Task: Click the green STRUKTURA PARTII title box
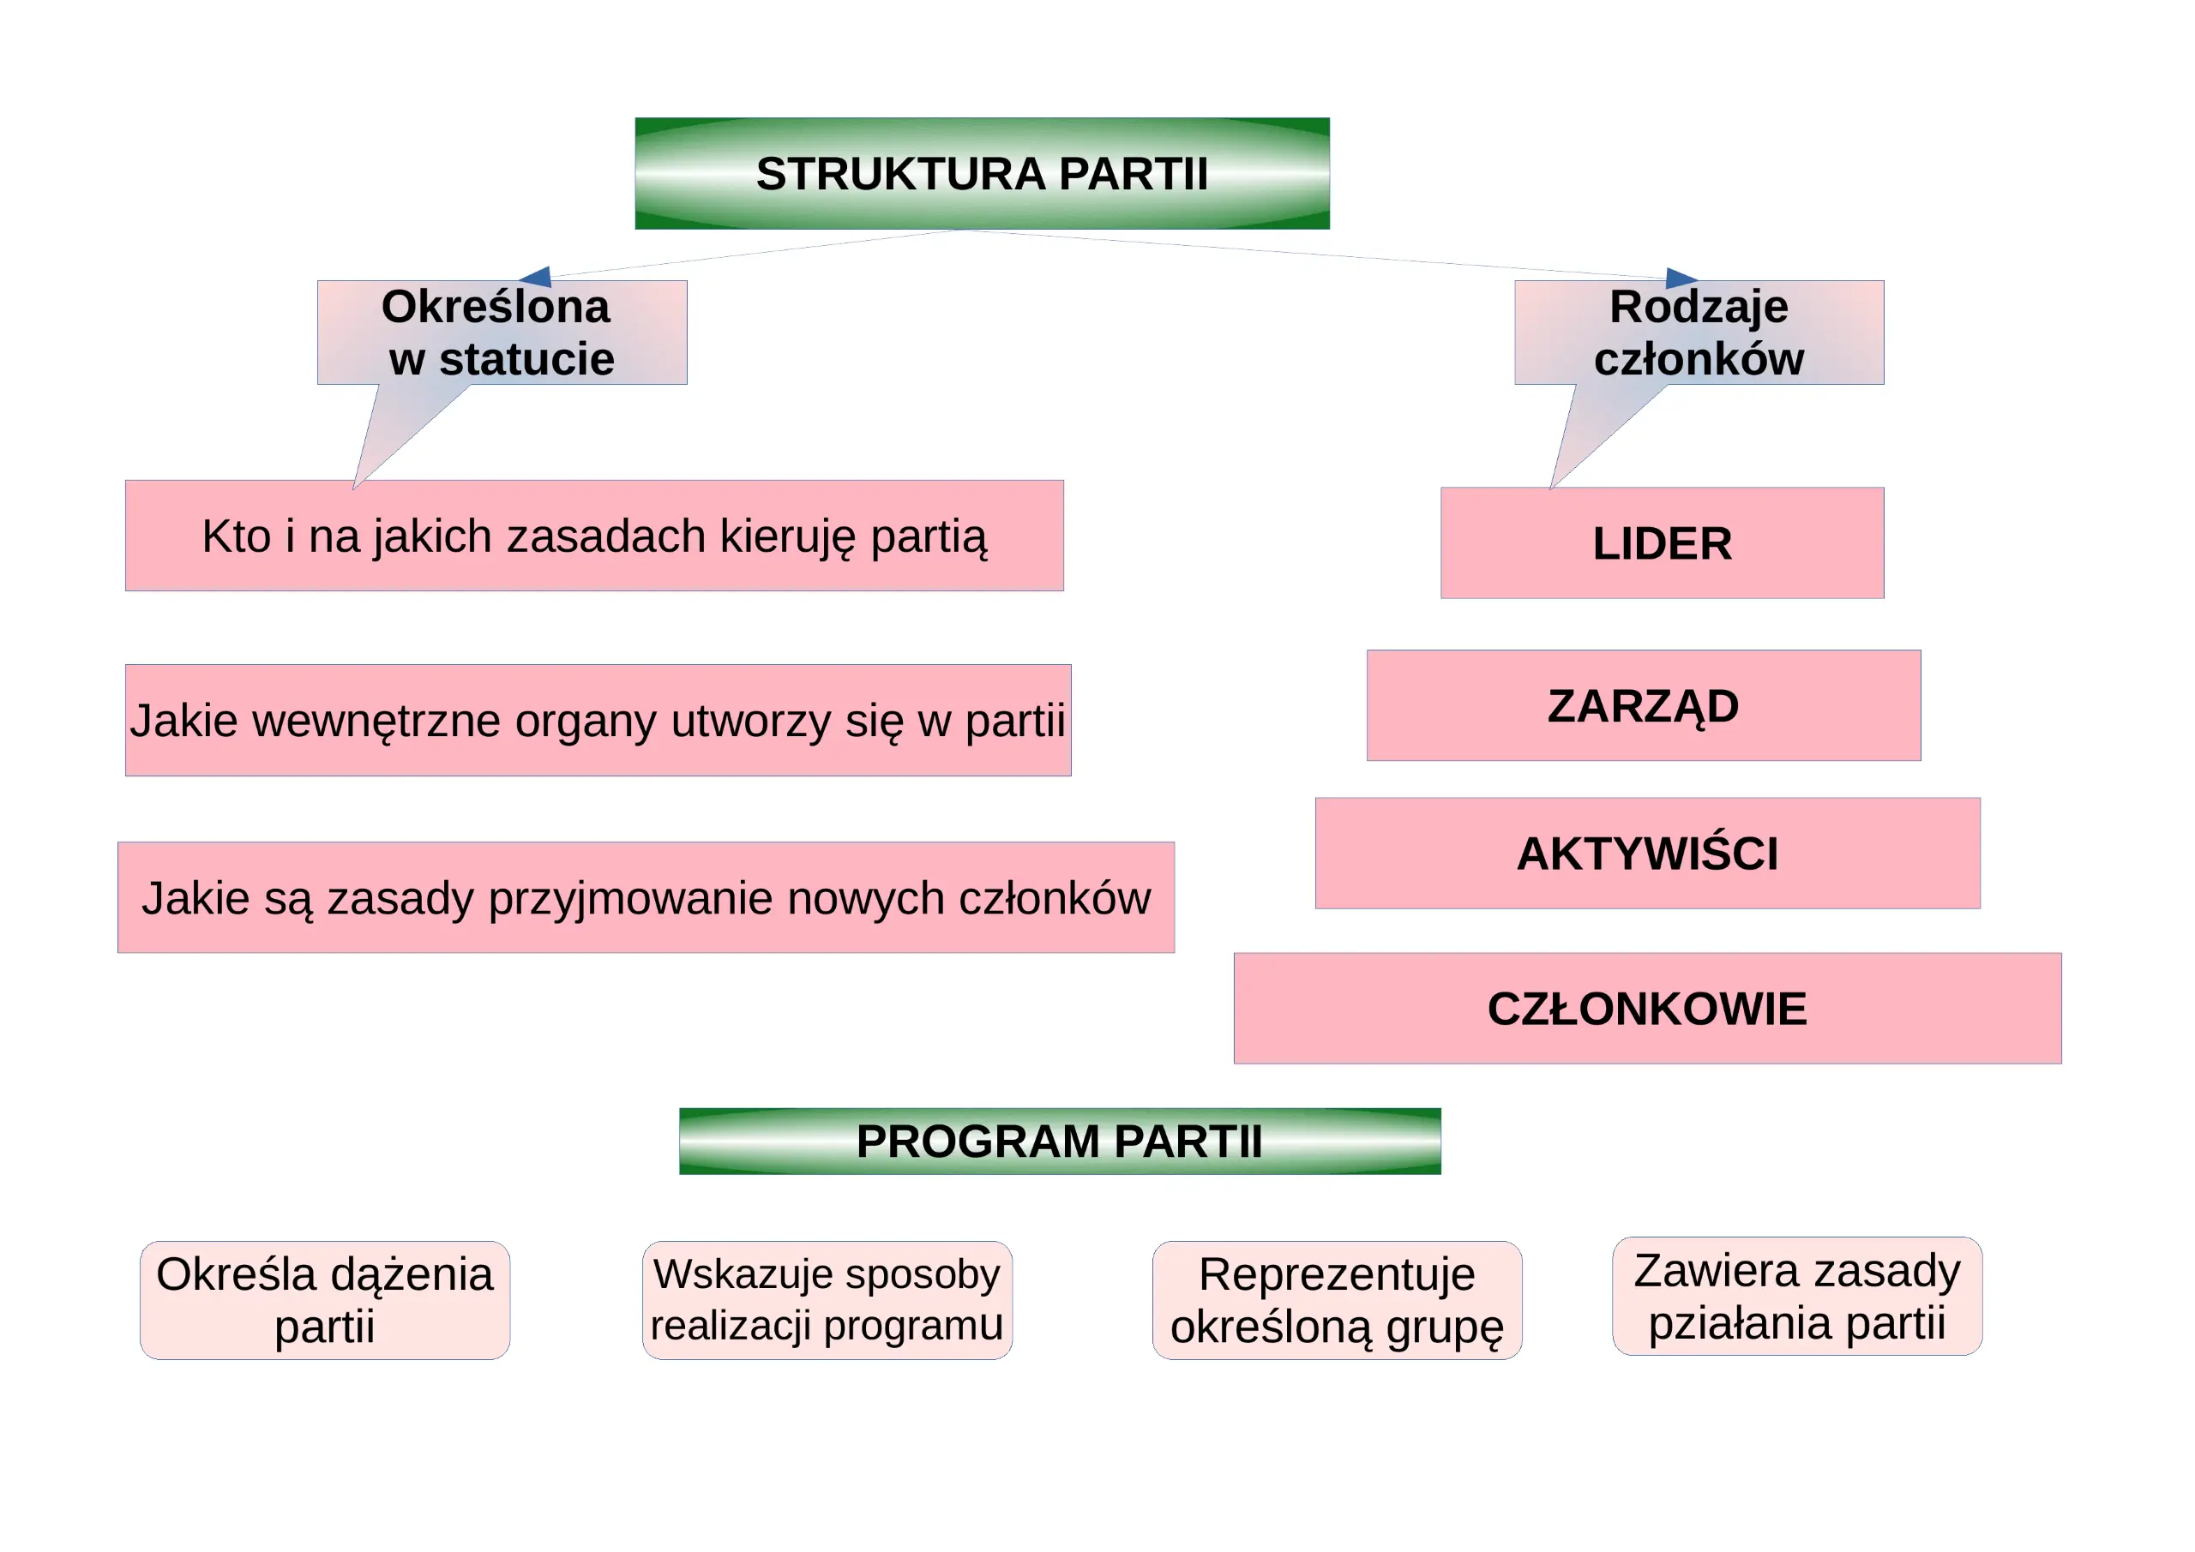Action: coord(982,173)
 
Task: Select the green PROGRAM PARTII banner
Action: coord(1059,1141)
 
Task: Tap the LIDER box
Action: coord(1663,542)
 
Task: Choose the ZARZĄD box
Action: coord(1644,705)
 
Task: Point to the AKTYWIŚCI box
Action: coord(1647,854)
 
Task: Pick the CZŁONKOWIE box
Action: coord(1647,1008)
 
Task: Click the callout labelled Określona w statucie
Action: coord(502,333)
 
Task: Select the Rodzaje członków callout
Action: coord(1699,333)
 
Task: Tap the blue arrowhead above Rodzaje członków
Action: coord(1681,279)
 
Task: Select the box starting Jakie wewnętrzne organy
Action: coord(598,720)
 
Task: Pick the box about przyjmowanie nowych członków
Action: coord(646,897)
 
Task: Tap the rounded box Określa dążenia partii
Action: coord(325,1300)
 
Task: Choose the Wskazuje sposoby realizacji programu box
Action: coord(827,1300)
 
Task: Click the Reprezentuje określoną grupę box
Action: coord(1337,1300)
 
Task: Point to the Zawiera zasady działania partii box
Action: coord(1797,1296)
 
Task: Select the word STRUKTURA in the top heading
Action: coord(900,174)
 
